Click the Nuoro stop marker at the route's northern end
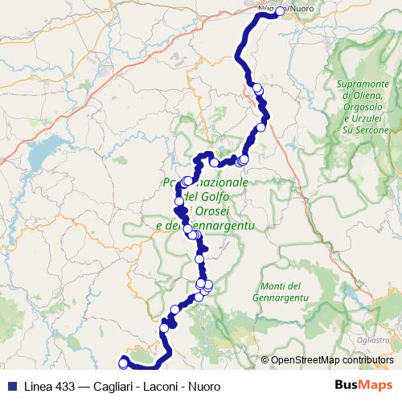280,12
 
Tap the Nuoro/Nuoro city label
286,6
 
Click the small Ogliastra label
378,338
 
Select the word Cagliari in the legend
114,386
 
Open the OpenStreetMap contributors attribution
332,360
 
